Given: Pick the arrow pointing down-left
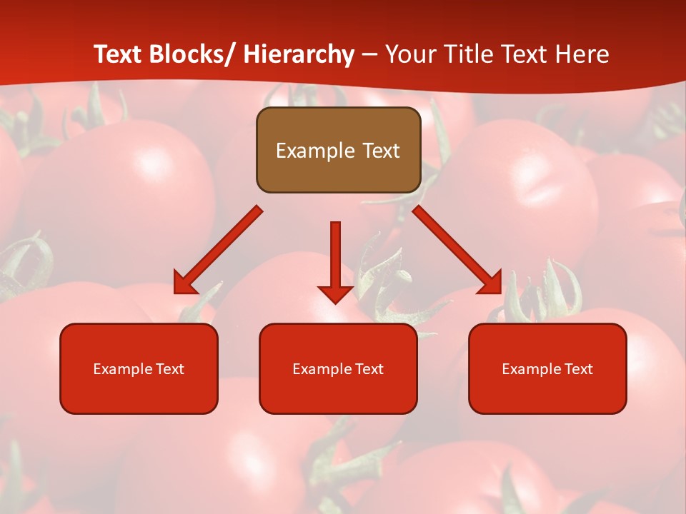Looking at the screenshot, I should coord(219,250).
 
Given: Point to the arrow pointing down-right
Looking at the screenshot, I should coord(457,250).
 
